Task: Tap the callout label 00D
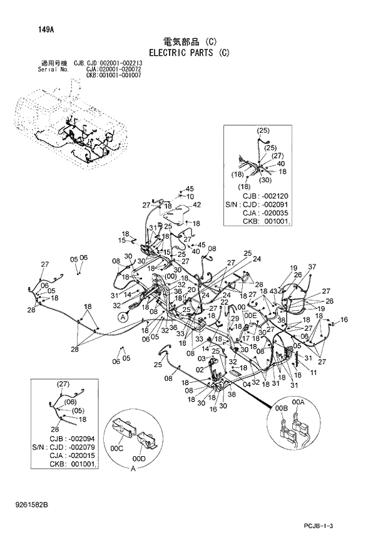coord(140,459)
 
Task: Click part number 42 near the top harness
coord(197,204)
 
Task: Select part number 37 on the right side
coord(312,267)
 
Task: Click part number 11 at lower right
coord(313,373)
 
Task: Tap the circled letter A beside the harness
coord(123,318)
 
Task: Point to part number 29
coord(235,319)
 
